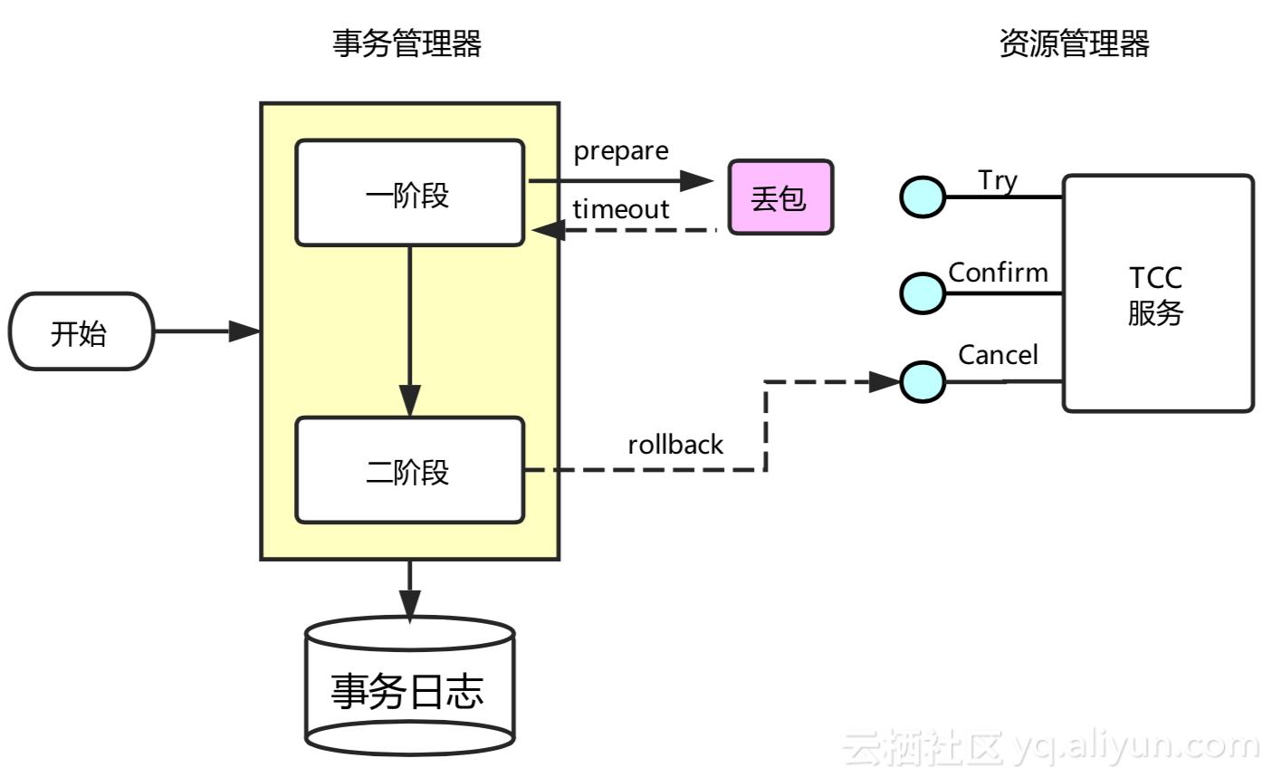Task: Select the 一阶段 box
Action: tap(409, 193)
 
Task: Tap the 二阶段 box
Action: tap(409, 470)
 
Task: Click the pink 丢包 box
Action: tap(780, 197)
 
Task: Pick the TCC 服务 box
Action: tap(1157, 293)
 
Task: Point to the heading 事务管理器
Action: tap(407, 43)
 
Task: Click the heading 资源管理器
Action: tap(1075, 43)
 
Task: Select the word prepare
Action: tap(621, 151)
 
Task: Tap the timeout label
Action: tap(621, 209)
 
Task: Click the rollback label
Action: tap(675, 445)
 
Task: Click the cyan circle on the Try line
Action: tap(922, 197)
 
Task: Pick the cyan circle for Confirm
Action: tap(922, 293)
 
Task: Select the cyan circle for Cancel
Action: tap(922, 381)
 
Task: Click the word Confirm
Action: tap(998, 273)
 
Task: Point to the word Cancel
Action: tap(998, 355)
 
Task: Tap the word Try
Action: tap(998, 180)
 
